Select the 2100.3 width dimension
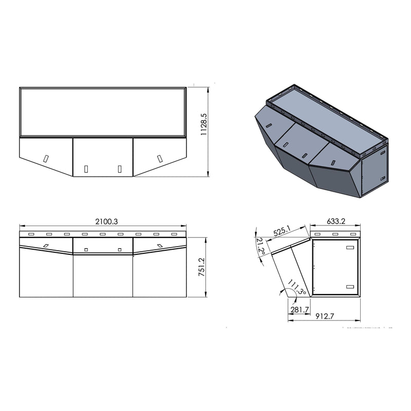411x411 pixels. (x=106, y=221)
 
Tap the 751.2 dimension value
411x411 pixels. (x=202, y=268)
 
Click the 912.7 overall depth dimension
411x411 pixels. (x=325, y=317)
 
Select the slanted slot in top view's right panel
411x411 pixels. (x=159, y=158)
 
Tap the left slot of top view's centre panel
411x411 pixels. (x=86, y=168)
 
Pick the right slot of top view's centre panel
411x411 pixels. (x=120, y=168)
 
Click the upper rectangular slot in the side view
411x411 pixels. (x=350, y=248)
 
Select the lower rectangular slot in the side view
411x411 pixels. (x=350, y=286)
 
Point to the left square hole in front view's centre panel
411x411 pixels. (x=86, y=250)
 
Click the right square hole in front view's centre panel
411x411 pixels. (x=120, y=250)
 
